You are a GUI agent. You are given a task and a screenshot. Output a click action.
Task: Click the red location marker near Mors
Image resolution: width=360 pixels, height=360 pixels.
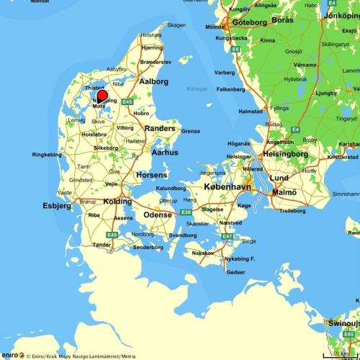click(x=102, y=96)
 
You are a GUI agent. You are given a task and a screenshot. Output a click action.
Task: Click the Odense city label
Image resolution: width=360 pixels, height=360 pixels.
click(x=158, y=215)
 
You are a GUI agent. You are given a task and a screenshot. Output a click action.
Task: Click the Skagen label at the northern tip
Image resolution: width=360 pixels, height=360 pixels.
click(x=176, y=24)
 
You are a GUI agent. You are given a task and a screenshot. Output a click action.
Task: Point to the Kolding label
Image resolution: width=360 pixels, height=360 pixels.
click(x=117, y=202)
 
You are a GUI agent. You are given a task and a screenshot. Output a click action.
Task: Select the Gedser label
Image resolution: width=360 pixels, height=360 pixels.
click(x=235, y=272)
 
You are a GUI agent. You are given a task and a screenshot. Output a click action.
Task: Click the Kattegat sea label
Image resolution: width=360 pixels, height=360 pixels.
click(x=197, y=89)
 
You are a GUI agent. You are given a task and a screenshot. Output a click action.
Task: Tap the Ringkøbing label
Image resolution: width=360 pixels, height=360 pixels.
click(x=48, y=154)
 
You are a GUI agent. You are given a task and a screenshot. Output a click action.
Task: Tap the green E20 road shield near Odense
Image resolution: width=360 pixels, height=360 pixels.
click(x=185, y=212)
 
